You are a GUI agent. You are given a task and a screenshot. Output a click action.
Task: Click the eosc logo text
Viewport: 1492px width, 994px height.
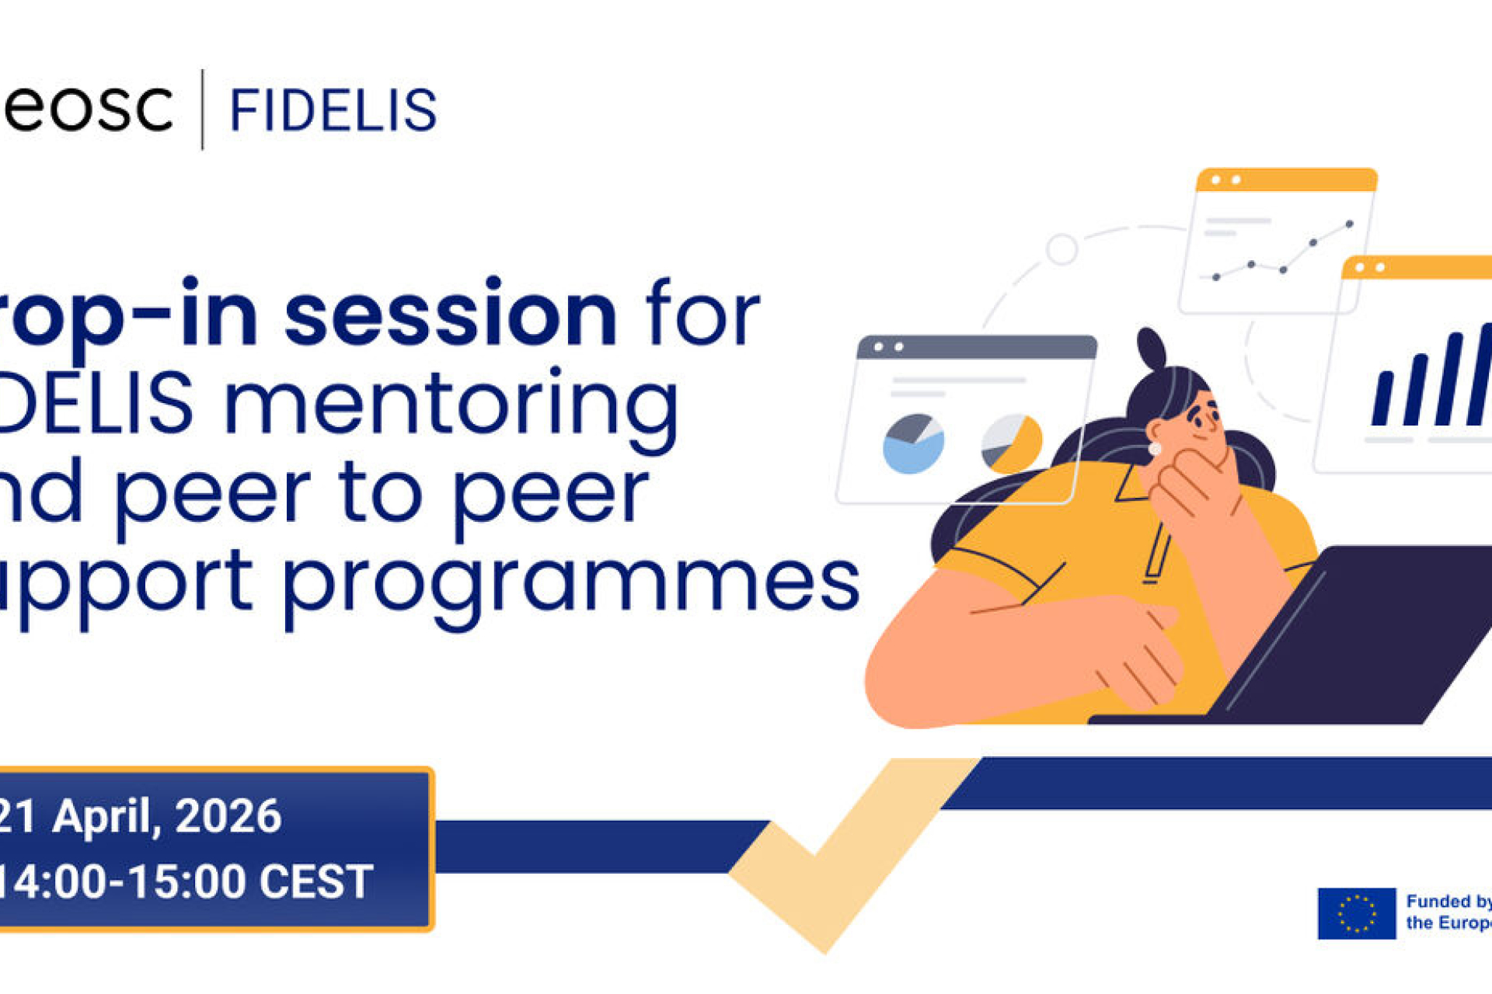coord(87,109)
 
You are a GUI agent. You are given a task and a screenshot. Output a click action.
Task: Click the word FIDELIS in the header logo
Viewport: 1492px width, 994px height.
coord(333,110)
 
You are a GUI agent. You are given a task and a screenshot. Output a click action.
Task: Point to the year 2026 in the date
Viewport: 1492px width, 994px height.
coord(228,817)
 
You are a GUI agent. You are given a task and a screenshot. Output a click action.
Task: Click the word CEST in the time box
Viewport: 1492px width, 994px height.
coord(315,882)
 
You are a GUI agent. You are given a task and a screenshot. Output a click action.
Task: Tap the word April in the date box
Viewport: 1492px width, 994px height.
coord(106,817)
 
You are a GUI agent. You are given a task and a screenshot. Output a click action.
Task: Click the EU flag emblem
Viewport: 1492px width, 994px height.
coord(1357,913)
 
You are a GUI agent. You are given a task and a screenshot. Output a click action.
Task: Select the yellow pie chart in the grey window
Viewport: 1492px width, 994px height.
coord(1012,443)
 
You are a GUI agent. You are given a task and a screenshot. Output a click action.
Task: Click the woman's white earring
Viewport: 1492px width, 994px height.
coord(1155,449)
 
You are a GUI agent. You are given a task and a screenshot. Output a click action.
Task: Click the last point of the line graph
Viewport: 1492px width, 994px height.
coord(1350,224)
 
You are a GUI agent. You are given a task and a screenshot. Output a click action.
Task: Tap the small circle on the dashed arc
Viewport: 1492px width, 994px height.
coord(1061,249)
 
